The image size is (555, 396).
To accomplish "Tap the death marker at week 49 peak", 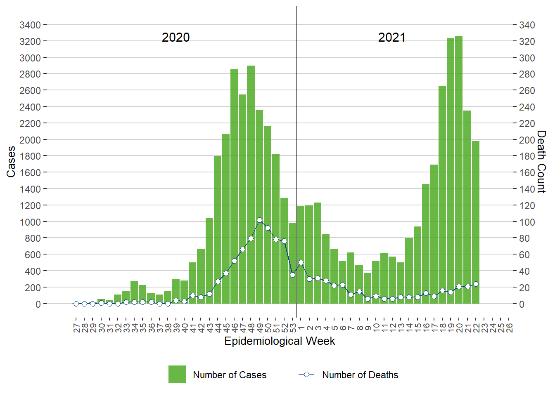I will pyautogui.click(x=259, y=220).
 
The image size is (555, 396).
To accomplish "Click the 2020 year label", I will pyautogui.click(x=176, y=38).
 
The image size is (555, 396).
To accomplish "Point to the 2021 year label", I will pyautogui.click(x=391, y=38).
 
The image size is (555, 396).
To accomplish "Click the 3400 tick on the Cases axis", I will pyautogui.click(x=30, y=25).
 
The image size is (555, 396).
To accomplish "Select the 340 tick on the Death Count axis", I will pyautogui.click(x=527, y=25).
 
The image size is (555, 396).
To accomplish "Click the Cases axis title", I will pyautogui.click(x=11, y=162).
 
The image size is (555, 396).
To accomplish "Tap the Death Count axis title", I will pyautogui.click(x=541, y=162).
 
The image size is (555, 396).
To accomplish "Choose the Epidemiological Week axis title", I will pyautogui.click(x=280, y=341).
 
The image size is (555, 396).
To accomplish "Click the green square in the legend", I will pyautogui.click(x=177, y=374).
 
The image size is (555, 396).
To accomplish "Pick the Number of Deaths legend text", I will pyautogui.click(x=360, y=375).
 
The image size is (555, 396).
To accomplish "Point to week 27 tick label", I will pyautogui.click(x=76, y=328).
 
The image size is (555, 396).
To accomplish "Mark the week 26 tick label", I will pyautogui.click(x=509, y=328).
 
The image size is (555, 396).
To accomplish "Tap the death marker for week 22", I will pyautogui.click(x=476, y=284).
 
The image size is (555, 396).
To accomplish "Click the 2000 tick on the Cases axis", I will pyautogui.click(x=30, y=140).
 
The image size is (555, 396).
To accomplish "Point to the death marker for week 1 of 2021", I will pyautogui.click(x=301, y=262).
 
